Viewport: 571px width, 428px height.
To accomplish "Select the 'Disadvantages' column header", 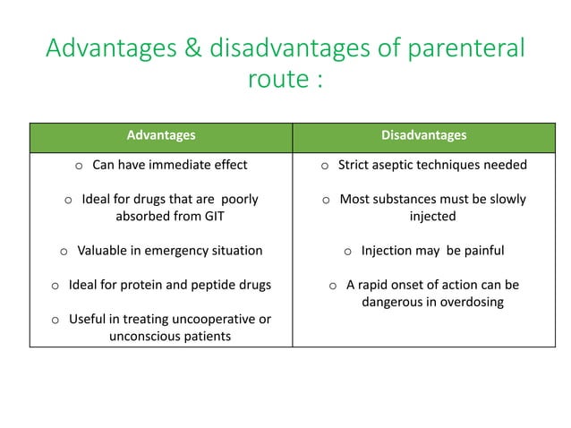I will pos(423,135).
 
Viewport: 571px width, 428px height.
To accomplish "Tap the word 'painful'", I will pos(482,250).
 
